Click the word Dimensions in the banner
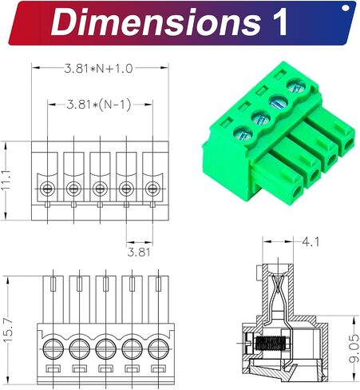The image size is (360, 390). pos(156,22)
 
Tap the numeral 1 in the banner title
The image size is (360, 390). pos(278,22)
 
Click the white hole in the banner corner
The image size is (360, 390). pos(346,8)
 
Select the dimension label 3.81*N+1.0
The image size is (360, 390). pos(98,69)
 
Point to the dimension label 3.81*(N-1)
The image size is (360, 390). pos(99,105)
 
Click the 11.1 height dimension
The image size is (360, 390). pos(6,181)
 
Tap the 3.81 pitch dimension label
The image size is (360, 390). pos(139,252)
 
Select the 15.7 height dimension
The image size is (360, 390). pos(9,330)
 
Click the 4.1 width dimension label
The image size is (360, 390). pos(311,242)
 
